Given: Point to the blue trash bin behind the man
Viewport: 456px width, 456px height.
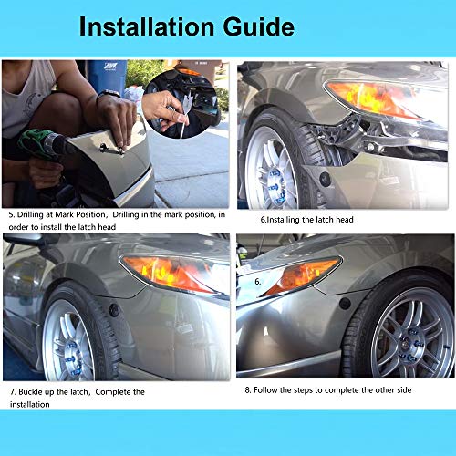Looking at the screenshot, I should (108, 77).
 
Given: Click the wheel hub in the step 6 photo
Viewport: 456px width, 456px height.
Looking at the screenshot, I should (274, 173).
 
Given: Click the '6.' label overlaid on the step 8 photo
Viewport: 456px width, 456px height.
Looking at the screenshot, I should (258, 282).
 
